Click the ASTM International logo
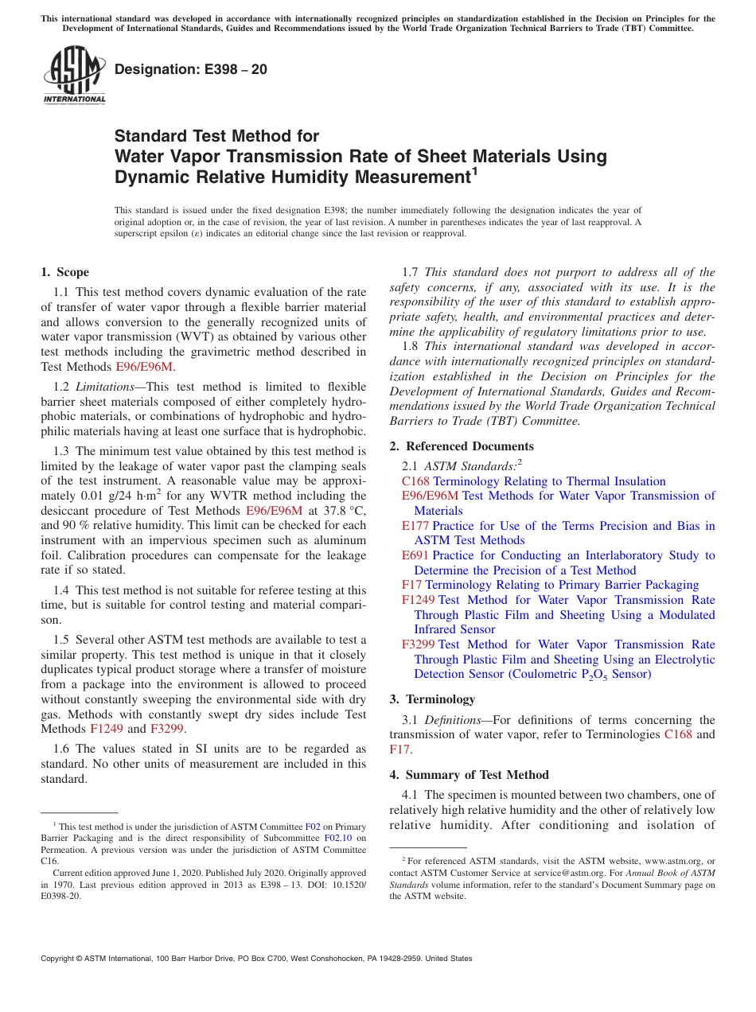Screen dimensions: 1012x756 74,75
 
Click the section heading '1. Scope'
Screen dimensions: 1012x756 64,272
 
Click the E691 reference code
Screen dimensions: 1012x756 415,555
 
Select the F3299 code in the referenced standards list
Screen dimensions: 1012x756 419,644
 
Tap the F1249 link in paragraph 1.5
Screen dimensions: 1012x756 107,729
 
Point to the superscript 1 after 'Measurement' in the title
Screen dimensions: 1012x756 474,171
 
